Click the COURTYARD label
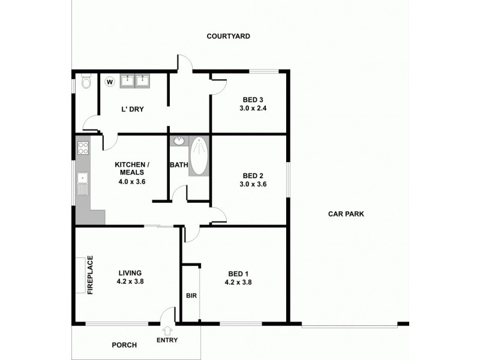point(228,36)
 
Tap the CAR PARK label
point(346,214)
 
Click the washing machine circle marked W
point(110,81)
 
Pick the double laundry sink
point(134,80)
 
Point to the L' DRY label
point(132,109)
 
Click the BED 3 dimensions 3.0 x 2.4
point(253,109)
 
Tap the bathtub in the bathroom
point(198,156)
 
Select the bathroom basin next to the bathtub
point(178,142)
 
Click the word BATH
point(179,165)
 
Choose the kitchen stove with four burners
point(82,148)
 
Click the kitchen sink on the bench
point(82,179)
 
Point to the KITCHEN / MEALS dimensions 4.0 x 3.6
point(132,182)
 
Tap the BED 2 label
point(253,176)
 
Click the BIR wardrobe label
point(191,296)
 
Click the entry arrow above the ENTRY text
point(167,329)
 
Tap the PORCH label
point(124,345)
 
